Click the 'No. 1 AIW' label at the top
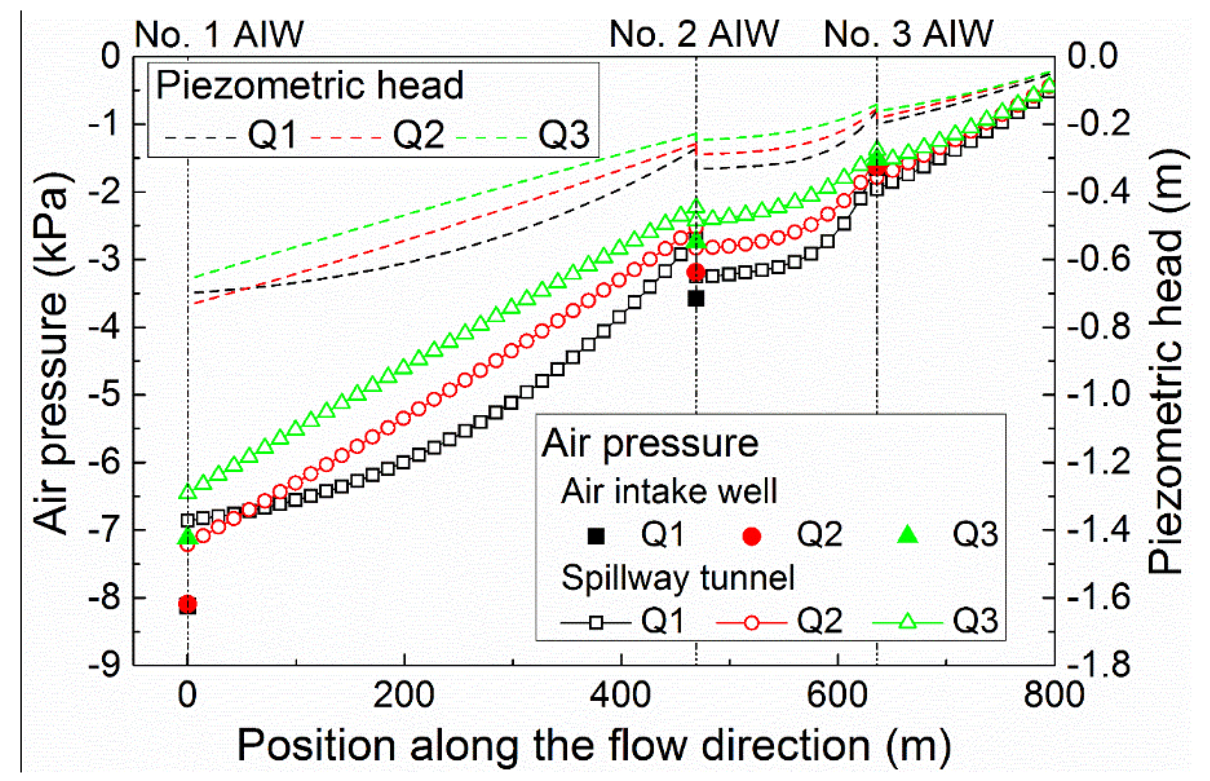(x=218, y=35)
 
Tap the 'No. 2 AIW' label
(x=693, y=35)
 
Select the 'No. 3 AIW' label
(x=908, y=35)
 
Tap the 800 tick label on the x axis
(x=1054, y=696)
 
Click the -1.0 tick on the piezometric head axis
(x=1099, y=395)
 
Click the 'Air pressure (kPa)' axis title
(x=51, y=353)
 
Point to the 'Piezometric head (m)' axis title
(x=1166, y=361)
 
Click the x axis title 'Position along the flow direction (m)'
(x=594, y=746)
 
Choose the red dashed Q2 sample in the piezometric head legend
(x=345, y=137)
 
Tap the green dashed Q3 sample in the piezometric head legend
(x=491, y=137)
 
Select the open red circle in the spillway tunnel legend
(x=752, y=622)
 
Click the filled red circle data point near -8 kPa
(x=188, y=603)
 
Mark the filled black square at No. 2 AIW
(x=696, y=299)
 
